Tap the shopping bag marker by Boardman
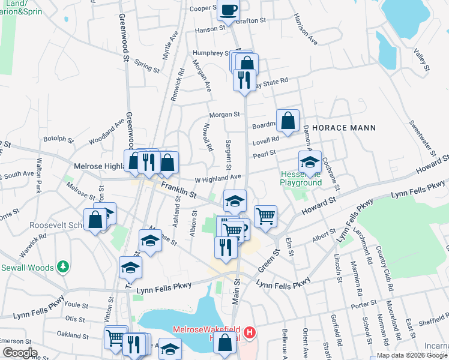pos(288,120)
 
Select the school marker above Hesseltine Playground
pos(310,162)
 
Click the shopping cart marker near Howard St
pos(265,215)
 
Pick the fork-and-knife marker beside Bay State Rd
pos(244,79)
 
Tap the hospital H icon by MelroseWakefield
pos(250,331)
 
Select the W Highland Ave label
pos(218,178)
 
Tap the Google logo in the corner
pos(20,352)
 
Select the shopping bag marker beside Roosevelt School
pos(95,220)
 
